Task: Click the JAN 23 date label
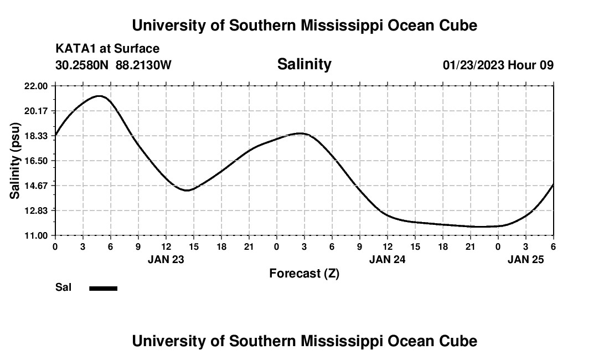(166, 259)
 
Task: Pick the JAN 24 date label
(387, 259)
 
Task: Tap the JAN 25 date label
(525, 259)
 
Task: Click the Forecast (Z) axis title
(304, 273)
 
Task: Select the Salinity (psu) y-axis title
(15, 161)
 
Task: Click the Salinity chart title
(304, 64)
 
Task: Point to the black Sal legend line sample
(104, 288)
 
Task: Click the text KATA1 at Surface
(107, 49)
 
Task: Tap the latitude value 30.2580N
(82, 65)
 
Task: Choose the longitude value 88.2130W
(143, 65)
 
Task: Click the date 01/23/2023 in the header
(473, 65)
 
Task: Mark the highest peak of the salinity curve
(99, 96)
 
